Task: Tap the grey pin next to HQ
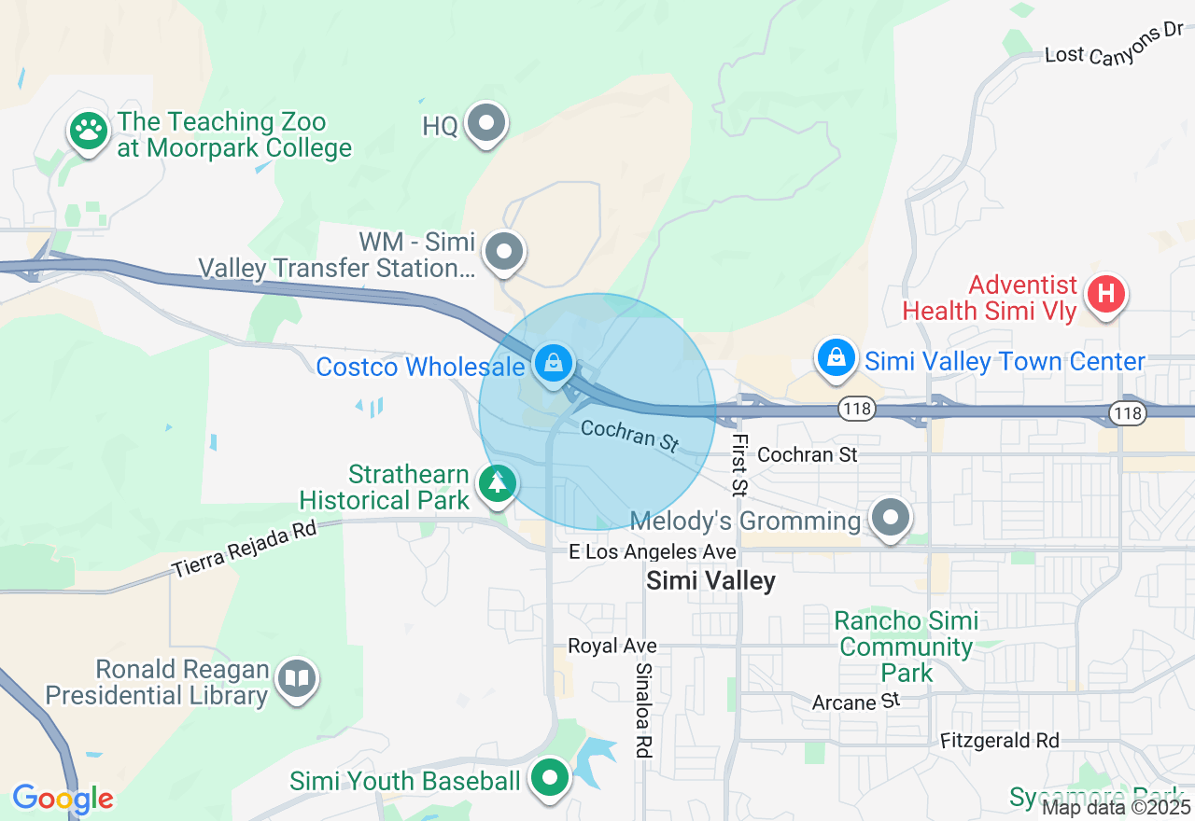click(486, 123)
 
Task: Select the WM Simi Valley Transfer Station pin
click(505, 251)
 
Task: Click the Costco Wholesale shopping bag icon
click(554, 362)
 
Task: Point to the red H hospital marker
click(1105, 295)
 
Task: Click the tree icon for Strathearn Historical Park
click(497, 483)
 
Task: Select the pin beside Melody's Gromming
click(891, 516)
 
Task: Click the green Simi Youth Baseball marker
click(550, 777)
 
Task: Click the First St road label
click(739, 464)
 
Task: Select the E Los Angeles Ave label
click(653, 552)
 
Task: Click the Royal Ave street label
click(612, 646)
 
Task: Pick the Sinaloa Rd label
click(642, 709)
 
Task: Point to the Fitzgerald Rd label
click(999, 741)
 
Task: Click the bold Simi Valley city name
click(711, 581)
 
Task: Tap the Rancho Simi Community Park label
click(907, 647)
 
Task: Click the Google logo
click(63, 799)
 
